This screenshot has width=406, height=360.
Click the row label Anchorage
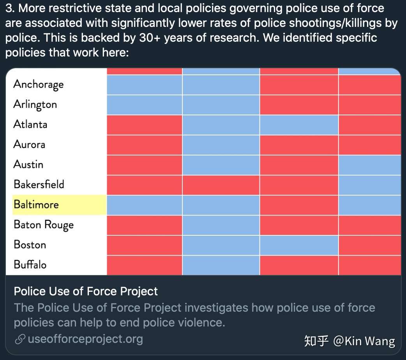point(38,85)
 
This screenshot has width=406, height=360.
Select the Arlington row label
point(35,104)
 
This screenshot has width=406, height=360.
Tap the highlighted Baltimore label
point(36,205)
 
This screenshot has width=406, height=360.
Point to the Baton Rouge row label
point(44,225)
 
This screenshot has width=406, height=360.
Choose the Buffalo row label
point(30,265)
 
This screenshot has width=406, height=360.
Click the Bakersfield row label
point(39,184)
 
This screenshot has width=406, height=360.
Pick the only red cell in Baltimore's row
point(299,205)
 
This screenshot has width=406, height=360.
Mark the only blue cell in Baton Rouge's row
point(221,225)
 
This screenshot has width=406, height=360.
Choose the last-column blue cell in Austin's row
point(369,165)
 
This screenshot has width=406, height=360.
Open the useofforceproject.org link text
point(85,339)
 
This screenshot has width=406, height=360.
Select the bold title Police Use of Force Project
point(86,291)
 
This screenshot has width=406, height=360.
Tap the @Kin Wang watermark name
point(364,341)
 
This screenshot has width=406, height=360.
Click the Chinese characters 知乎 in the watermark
point(316,341)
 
